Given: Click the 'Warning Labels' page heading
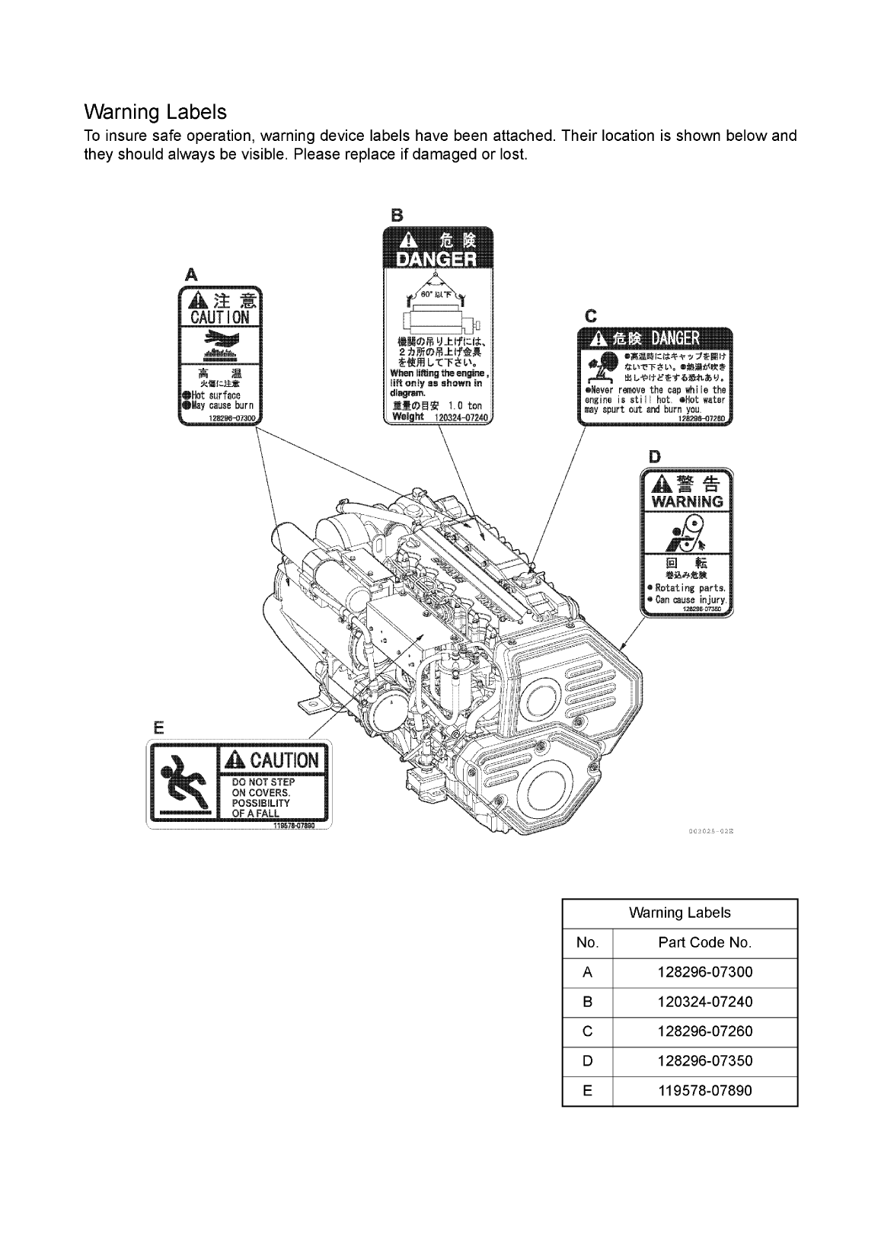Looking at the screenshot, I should pos(155,112).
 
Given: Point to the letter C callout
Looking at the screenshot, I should pos(590,315).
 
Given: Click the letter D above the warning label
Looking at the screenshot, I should pos(654,456).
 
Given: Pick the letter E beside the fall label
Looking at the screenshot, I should pos(158,727).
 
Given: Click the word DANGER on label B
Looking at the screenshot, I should pos(436,260).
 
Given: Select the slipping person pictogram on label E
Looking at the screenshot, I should pos(183,782).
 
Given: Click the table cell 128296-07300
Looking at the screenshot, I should pos(704,972).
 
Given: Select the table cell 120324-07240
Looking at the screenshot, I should pos(704,1002).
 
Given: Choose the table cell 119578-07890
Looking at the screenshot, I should pos(704,1090).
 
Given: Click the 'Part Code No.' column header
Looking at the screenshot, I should pos(704,942).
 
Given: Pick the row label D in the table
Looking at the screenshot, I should pos(587,1060).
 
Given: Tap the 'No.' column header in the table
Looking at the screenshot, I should pos(587,942).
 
